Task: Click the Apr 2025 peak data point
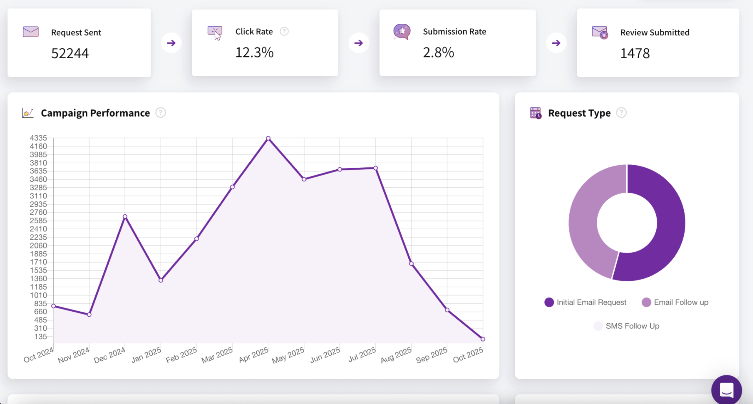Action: click(x=268, y=138)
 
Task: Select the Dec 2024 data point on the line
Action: click(x=125, y=217)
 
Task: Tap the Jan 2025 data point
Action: click(x=161, y=280)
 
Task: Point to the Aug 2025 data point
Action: click(x=411, y=264)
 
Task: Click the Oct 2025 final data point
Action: click(x=483, y=339)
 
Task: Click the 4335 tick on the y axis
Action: click(x=38, y=138)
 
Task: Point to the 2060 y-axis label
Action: click(x=38, y=245)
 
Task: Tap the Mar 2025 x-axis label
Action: click(x=217, y=355)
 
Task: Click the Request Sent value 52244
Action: click(x=70, y=54)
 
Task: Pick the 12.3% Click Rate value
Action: click(x=254, y=53)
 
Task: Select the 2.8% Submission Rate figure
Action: click(x=439, y=53)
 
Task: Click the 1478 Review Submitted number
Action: click(x=635, y=54)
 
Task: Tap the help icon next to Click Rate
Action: click(x=284, y=31)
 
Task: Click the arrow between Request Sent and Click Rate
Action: click(x=171, y=43)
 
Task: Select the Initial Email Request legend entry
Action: click(x=585, y=302)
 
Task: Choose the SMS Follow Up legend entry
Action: click(x=627, y=326)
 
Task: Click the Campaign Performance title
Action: click(x=95, y=113)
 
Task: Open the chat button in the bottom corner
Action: click(x=726, y=390)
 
